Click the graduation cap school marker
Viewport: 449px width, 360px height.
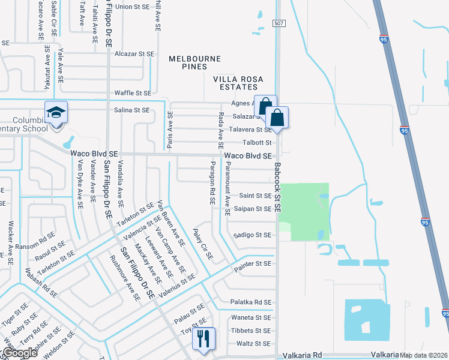(56, 113)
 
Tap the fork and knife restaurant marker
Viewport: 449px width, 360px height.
(203, 339)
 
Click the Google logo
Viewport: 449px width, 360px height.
(20, 353)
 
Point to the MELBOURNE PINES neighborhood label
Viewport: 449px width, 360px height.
(194, 62)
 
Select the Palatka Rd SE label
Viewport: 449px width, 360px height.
(251, 302)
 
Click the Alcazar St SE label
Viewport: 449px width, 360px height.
(134, 53)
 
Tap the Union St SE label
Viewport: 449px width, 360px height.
(131, 7)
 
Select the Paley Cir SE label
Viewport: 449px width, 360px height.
(203, 243)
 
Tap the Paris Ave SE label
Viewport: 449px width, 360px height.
(170, 130)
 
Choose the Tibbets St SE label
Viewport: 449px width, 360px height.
(251, 331)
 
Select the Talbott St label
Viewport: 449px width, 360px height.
(257, 143)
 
